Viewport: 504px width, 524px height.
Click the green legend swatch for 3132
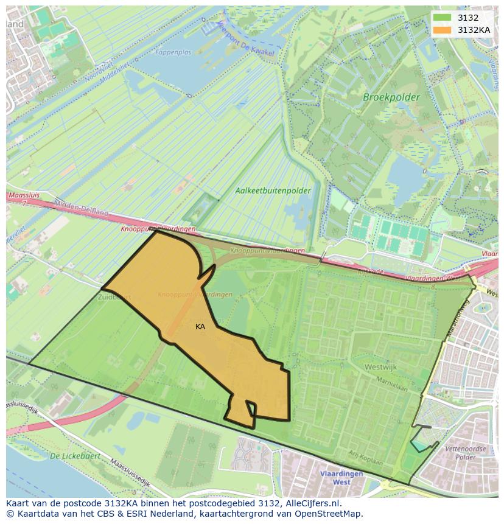pyautogui.click(x=443, y=18)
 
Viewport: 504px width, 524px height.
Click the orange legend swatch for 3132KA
pyautogui.click(x=443, y=30)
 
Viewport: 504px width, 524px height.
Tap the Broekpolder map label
pyautogui.click(x=391, y=97)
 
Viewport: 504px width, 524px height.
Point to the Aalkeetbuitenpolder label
pyautogui.click(x=273, y=190)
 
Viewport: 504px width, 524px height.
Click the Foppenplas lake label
pyautogui.click(x=173, y=53)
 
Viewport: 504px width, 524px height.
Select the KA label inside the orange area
pyautogui.click(x=200, y=327)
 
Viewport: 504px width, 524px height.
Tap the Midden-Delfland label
pyautogui.click(x=81, y=209)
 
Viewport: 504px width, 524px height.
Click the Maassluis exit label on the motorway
pyautogui.click(x=23, y=197)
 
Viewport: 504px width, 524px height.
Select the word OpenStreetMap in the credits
pyautogui.click(x=329, y=514)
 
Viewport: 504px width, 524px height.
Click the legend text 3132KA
pyautogui.click(x=474, y=30)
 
